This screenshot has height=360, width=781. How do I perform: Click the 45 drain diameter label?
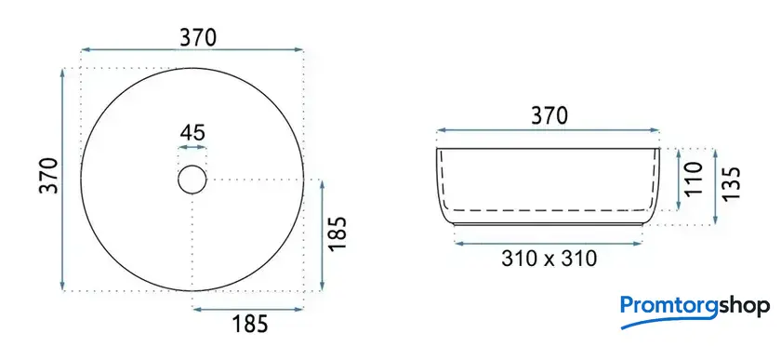[192, 133]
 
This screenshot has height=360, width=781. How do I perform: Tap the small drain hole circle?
[192, 166]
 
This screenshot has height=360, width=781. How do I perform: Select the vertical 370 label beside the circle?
[49, 175]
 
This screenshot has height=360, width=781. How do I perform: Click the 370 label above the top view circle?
[198, 38]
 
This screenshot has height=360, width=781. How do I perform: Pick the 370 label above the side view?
[549, 116]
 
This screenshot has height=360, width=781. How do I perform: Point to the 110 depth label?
[694, 178]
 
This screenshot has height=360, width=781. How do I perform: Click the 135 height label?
[731, 184]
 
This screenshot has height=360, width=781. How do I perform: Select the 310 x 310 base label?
[549, 259]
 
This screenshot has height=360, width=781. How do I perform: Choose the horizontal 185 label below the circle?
[250, 324]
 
